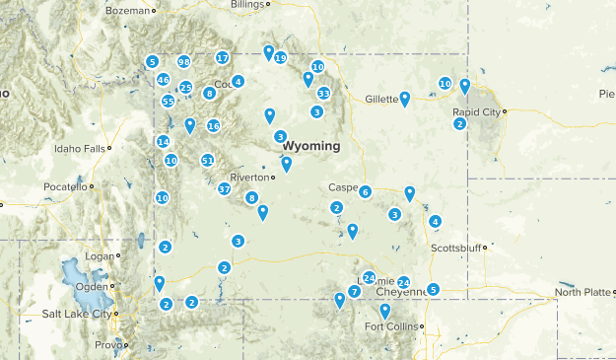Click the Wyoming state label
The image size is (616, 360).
pos(310,146)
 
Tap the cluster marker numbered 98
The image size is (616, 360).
pos(184,62)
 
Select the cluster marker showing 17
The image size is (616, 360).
pos(223,58)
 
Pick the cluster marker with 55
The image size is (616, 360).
pos(169,102)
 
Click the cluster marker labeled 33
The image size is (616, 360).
pos(323,94)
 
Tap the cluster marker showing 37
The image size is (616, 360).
pos(225,189)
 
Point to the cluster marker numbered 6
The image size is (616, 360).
pos(366,192)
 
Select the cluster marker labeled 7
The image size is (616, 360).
pos(354,292)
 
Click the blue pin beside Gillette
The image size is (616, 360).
pos(405,98)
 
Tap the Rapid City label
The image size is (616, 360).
pos(477,111)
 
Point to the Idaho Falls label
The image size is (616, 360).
pos(81,149)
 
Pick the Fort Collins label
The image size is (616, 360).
pos(391,326)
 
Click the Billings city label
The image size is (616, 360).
pos(247,5)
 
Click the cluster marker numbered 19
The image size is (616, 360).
pos(281,58)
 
